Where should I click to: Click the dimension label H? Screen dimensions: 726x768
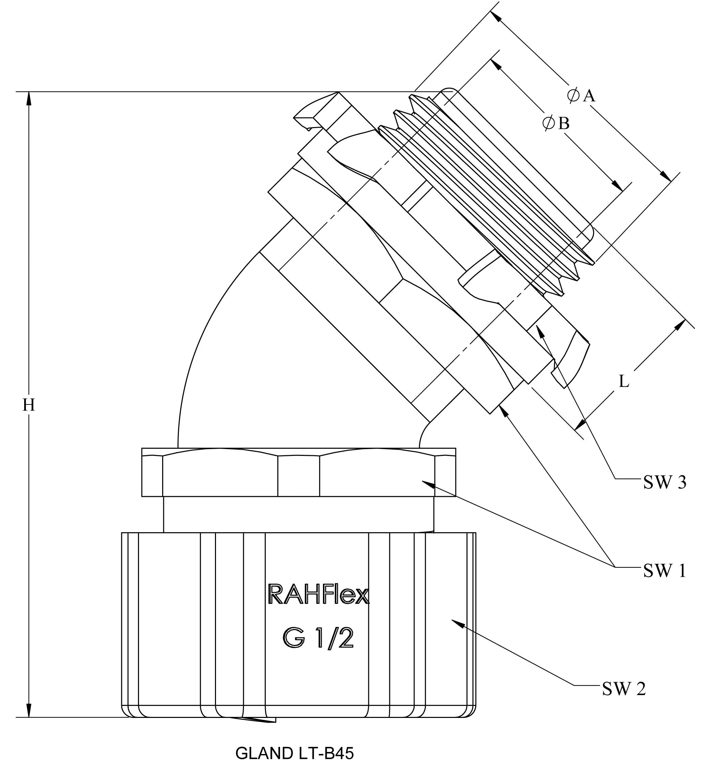coord(29,405)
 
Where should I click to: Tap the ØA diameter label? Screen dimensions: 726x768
coord(581,95)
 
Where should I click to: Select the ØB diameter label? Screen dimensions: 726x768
coord(556,123)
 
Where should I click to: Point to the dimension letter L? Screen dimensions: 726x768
coord(623,381)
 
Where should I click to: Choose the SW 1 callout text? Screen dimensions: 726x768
coord(664,571)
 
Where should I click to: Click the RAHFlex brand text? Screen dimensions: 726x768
coord(318,595)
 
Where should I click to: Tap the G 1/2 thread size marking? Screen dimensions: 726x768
coord(318,638)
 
